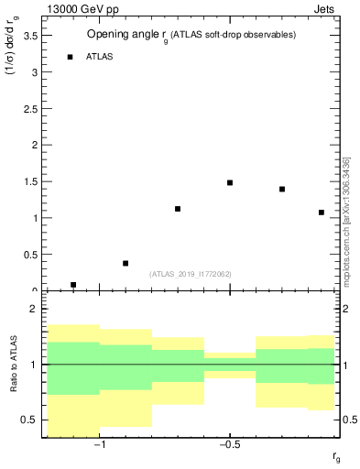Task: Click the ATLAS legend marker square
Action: point(70,57)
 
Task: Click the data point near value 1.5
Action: point(230,182)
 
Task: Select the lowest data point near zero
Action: point(73,285)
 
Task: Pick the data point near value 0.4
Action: point(125,263)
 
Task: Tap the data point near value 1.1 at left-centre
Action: point(178,209)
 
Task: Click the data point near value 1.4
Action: point(282,190)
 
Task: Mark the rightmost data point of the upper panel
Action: point(322,213)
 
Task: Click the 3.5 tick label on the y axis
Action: point(29,36)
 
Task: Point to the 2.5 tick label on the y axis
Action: point(29,109)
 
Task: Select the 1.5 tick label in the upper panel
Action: point(29,181)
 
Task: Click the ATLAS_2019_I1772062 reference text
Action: point(191,274)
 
